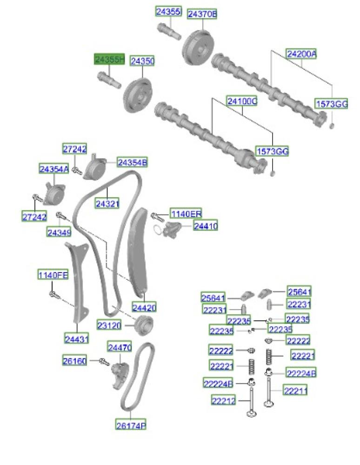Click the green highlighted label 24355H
[110, 60]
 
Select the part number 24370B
[202, 14]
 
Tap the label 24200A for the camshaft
[301, 54]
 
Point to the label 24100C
[242, 100]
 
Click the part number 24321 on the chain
[107, 203]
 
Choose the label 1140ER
[186, 214]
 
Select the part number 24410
[205, 226]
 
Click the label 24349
[59, 232]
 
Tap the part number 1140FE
[53, 275]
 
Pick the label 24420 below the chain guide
[144, 307]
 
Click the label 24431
[76, 339]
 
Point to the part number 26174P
[131, 425]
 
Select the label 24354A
[54, 170]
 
